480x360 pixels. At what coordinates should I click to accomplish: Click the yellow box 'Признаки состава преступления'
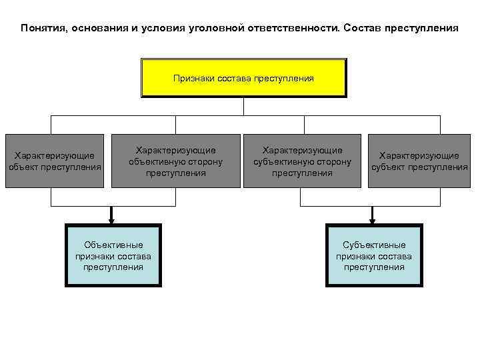click(243, 78)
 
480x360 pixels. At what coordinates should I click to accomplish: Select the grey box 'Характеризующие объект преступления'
click(55, 161)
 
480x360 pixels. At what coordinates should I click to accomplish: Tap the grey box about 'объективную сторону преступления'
click(176, 161)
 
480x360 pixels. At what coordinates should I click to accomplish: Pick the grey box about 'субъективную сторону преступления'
click(302, 161)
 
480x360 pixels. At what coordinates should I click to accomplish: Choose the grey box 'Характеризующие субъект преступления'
click(419, 161)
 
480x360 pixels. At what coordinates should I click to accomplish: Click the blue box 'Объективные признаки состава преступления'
click(113, 256)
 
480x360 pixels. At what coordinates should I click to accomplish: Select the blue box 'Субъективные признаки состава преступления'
click(373, 256)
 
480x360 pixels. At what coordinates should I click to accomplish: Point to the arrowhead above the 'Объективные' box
click(112, 218)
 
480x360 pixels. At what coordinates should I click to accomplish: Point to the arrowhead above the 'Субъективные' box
click(373, 218)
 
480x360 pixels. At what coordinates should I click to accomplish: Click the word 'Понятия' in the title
click(43, 29)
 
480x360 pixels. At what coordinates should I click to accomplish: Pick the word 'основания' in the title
click(96, 29)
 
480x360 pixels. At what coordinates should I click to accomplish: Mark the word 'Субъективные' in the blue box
click(373, 245)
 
